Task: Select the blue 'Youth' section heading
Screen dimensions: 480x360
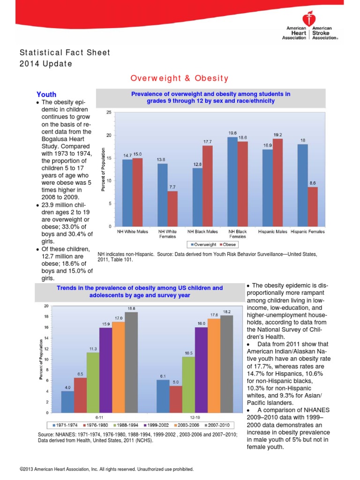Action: coord(46,94)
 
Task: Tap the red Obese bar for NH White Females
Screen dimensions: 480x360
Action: coord(172,209)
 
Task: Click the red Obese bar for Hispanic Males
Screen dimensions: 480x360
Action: coord(278,183)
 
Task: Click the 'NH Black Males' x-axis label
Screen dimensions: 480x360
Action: coord(202,232)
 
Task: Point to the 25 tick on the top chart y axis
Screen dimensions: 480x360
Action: coord(108,112)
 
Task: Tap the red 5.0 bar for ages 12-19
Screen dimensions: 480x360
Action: coord(176,399)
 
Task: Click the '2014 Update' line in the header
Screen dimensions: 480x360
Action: coord(45,63)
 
